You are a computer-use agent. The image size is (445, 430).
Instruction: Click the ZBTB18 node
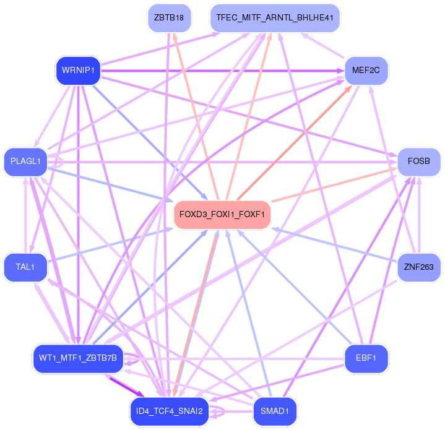click(169, 17)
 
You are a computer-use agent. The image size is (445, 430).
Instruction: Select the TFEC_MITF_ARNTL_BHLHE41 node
click(275, 17)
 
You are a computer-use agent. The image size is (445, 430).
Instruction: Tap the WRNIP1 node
click(77, 70)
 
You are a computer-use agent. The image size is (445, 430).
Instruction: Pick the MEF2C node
click(365, 70)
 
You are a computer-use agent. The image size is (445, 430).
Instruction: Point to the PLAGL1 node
click(25, 161)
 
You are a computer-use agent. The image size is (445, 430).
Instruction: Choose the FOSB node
click(418, 161)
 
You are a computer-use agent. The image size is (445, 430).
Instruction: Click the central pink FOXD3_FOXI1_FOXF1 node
click(222, 215)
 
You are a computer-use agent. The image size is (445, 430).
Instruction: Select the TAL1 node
click(25, 267)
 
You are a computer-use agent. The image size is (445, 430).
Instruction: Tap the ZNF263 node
click(418, 267)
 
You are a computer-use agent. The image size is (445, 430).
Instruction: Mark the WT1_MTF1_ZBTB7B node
click(77, 358)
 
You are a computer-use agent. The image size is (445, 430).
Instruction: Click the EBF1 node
click(365, 358)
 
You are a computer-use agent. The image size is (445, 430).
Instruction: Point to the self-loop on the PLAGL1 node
click(59, 161)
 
